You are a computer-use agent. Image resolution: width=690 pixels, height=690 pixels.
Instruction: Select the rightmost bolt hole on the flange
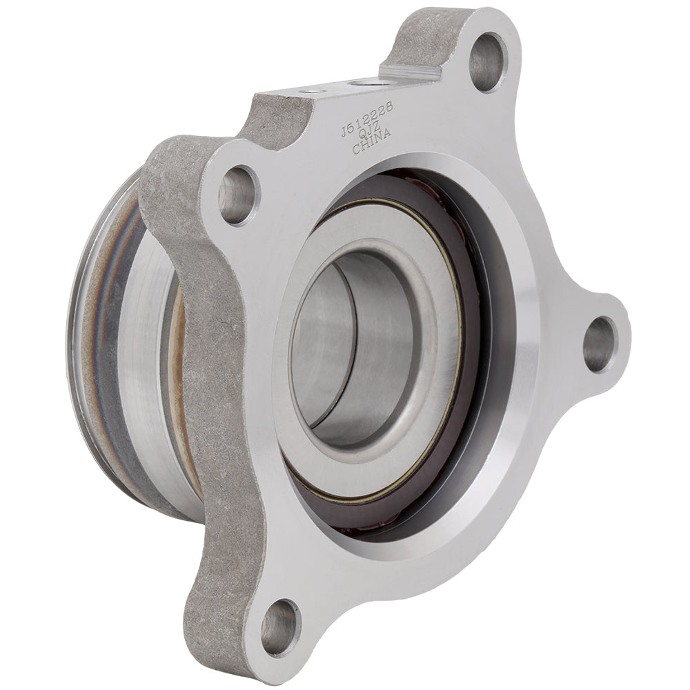coord(598,343)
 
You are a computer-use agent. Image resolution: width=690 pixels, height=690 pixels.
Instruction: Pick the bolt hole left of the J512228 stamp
coord(237,194)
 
